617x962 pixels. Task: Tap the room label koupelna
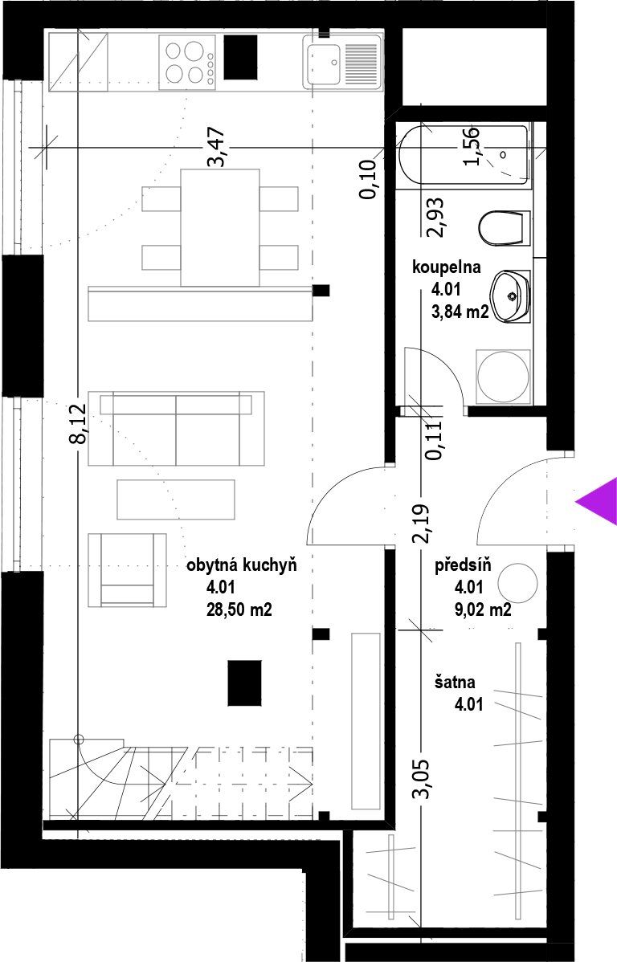447,267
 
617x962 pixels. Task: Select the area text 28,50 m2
239,611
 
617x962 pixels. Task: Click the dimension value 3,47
217,147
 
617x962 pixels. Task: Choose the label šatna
456,682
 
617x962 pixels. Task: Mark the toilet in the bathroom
503,227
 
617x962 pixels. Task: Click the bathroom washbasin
510,296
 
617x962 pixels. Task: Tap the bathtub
464,155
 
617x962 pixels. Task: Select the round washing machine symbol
504,377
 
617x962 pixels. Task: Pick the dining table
220,227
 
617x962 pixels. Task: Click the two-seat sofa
176,429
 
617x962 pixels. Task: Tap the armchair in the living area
127,569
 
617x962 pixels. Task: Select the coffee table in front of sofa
176,499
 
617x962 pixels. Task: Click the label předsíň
463,566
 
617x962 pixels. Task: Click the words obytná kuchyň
241,565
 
